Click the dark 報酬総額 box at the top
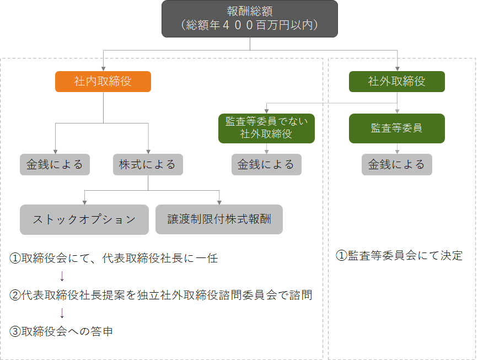[249, 18]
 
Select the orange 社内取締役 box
[103, 82]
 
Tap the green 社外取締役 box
[397, 82]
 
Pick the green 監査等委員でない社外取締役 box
[266, 128]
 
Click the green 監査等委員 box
[397, 128]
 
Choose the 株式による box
[148, 164]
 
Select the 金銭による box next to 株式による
[55, 164]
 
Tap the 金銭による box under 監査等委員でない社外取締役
[266, 164]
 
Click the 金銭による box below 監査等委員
[397, 164]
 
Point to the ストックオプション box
[84, 219]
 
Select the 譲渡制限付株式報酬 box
[219, 219]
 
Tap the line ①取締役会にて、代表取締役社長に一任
[114, 258]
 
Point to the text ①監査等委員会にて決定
[399, 256]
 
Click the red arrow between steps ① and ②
[62, 276]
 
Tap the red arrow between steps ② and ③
[62, 313]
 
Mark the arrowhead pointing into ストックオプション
[84, 202]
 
